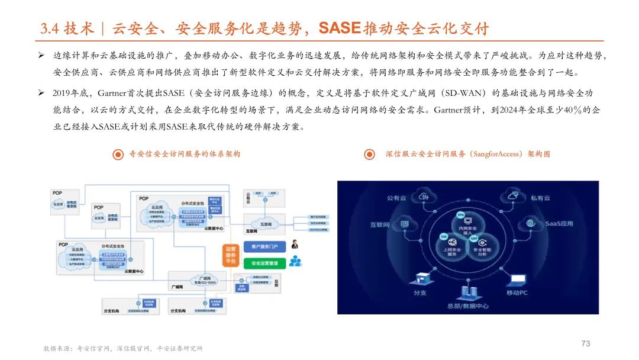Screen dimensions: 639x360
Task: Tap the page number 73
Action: click(x=586, y=343)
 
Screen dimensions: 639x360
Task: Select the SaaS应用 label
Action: click(x=559, y=224)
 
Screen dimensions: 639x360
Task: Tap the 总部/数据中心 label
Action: click(x=467, y=306)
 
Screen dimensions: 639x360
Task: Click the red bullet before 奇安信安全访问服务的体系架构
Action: click(x=118, y=155)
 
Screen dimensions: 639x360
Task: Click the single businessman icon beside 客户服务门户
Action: click(x=293, y=245)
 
